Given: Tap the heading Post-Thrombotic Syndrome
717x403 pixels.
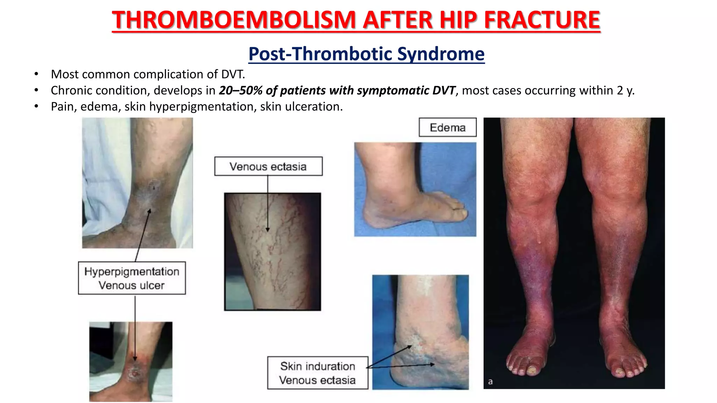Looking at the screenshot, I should point(366,54).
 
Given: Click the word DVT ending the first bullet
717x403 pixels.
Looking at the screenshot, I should point(232,75).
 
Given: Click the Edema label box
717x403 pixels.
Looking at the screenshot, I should point(447,128).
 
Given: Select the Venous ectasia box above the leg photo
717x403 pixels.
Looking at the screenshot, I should point(268,167).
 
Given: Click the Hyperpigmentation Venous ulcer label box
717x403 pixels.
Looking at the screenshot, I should point(132,278).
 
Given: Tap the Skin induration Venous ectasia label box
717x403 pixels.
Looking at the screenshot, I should point(318,373).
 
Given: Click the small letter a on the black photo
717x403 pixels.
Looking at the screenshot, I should point(490,382).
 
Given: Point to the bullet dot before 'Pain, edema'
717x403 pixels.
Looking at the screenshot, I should point(36,106).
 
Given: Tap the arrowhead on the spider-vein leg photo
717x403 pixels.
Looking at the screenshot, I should point(268,229).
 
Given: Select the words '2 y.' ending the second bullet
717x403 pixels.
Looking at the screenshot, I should point(625,91).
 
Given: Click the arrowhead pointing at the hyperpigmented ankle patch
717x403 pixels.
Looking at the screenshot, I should point(149,211).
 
